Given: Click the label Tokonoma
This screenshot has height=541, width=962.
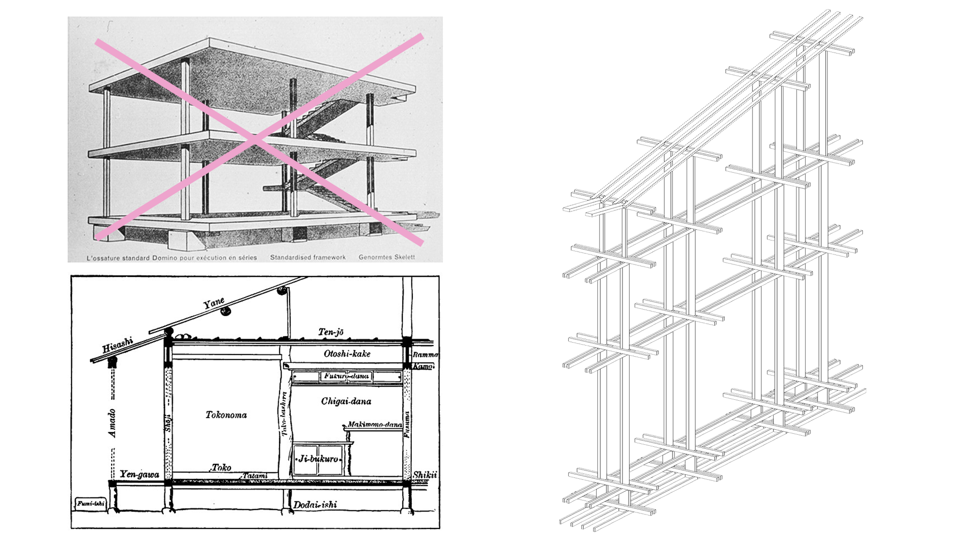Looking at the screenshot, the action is pyautogui.click(x=226, y=415).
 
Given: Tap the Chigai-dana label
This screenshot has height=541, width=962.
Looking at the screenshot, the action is pyautogui.click(x=346, y=401).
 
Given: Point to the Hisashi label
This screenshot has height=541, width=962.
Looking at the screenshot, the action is pyautogui.click(x=117, y=345).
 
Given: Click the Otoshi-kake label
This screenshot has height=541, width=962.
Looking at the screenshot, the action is pyautogui.click(x=347, y=354).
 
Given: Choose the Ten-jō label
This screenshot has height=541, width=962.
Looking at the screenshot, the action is pyautogui.click(x=331, y=332).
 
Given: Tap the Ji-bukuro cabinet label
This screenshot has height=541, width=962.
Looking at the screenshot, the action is pyautogui.click(x=318, y=458).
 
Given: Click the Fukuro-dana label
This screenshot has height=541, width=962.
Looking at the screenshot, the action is pyautogui.click(x=346, y=376).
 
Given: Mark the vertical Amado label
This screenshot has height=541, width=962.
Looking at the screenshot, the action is pyautogui.click(x=112, y=423).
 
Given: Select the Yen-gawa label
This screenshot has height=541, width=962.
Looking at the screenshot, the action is pyautogui.click(x=139, y=475).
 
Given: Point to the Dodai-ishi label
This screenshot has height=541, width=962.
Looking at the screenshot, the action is pyautogui.click(x=315, y=504).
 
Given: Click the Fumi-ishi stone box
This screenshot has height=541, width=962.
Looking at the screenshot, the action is pyautogui.click(x=91, y=504).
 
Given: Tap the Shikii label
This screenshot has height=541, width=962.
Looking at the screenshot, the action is pyautogui.click(x=425, y=475).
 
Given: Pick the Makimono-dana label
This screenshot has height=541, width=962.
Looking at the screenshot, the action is pyautogui.click(x=375, y=425).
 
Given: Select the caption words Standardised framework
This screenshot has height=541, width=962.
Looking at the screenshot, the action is pyautogui.click(x=308, y=257).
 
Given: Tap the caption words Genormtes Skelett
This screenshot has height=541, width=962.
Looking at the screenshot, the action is pyautogui.click(x=386, y=257).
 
